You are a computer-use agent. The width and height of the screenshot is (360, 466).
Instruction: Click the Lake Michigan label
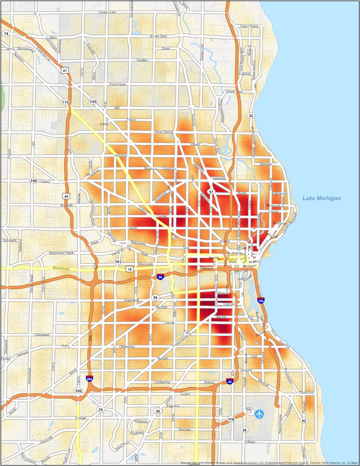point(321,198)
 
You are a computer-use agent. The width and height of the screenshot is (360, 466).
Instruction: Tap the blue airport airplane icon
point(259,414)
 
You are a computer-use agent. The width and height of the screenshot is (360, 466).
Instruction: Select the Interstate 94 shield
point(160,277)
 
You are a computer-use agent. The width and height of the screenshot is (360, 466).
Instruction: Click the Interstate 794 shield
point(261,300)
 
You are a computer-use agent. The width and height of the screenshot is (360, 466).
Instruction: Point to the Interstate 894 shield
point(89,379)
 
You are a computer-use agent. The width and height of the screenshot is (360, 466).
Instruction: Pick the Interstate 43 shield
point(230,381)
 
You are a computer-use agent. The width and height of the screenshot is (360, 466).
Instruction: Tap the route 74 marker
point(6,34)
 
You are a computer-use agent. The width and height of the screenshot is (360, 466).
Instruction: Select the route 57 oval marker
point(211,192)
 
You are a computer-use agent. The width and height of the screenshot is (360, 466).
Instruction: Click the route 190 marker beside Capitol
point(33,181)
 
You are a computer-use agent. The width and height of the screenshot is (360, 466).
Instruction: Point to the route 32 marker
point(251,115)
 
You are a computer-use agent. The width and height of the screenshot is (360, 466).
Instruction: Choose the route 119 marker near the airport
point(231,419)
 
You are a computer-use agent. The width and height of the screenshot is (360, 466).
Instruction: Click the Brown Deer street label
point(158,36)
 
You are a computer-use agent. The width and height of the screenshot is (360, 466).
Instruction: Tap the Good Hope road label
point(117,84)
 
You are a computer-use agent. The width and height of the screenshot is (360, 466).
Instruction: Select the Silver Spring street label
point(163,132)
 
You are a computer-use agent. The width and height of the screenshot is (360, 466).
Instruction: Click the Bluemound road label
point(61,268)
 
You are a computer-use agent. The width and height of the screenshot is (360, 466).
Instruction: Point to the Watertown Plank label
point(61,253)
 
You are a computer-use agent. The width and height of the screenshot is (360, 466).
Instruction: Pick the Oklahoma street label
point(126,347)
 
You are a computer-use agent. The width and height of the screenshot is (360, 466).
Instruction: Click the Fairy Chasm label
point(249,26)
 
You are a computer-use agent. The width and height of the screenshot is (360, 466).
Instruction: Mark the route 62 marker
point(304,420)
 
